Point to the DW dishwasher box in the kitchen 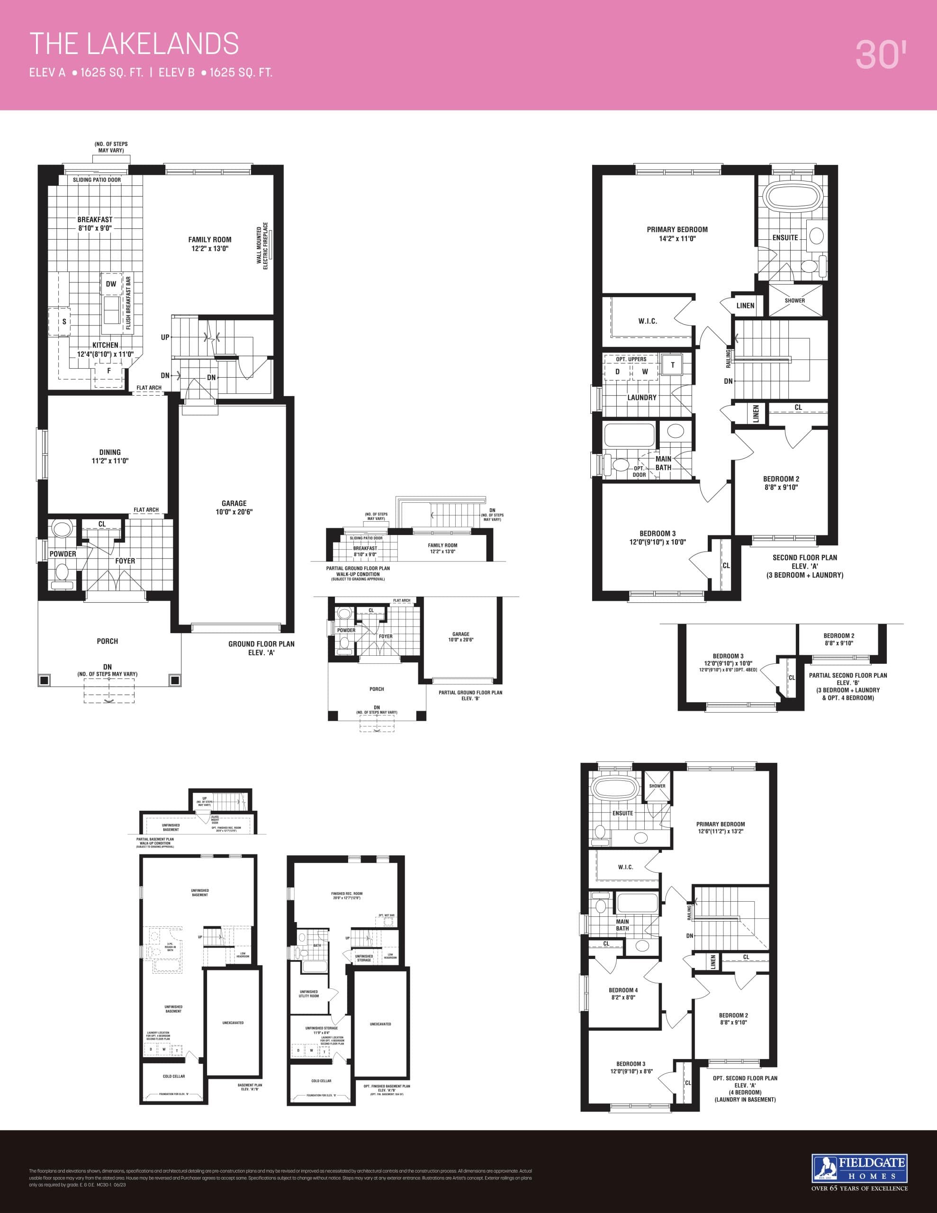point(111,284)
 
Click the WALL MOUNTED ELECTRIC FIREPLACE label point(261,246)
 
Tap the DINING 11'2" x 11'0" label point(110,456)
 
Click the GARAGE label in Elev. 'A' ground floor point(234,507)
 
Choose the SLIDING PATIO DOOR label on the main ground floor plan point(97,180)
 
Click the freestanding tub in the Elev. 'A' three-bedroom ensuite point(789,197)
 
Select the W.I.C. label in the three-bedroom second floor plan point(648,321)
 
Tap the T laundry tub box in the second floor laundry point(673,365)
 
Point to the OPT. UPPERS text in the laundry point(631,359)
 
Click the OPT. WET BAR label point(387,915)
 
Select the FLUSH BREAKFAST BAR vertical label point(128,303)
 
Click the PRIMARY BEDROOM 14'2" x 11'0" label point(677,234)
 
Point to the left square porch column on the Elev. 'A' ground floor point(44,680)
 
